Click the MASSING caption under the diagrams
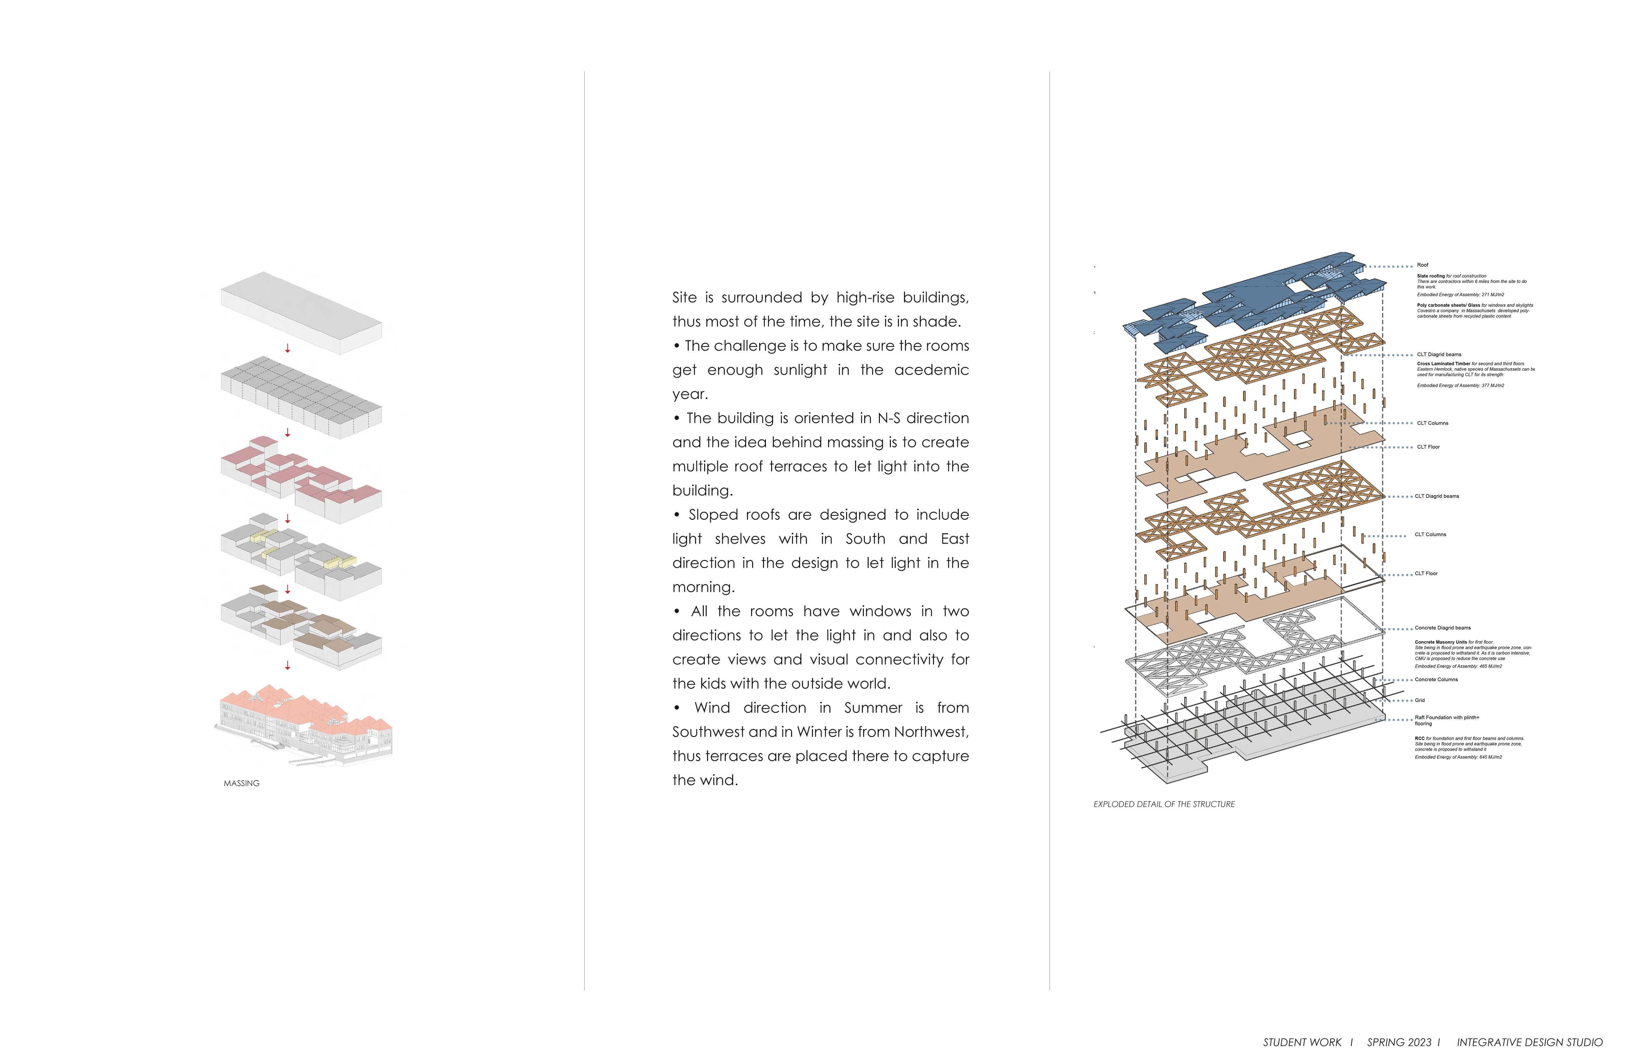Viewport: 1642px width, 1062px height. point(241,783)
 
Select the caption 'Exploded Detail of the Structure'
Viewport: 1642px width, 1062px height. point(1164,804)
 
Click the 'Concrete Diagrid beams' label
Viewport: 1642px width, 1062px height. point(1443,628)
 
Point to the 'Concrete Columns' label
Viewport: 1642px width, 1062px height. point(1436,680)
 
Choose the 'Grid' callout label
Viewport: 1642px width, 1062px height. point(1420,701)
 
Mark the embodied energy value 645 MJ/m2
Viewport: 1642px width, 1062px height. point(1490,757)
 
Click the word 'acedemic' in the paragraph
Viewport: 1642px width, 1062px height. point(931,370)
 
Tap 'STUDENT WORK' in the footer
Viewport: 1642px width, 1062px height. point(1302,1043)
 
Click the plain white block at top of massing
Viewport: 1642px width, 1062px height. point(301,312)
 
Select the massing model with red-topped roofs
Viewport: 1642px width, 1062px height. point(301,476)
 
